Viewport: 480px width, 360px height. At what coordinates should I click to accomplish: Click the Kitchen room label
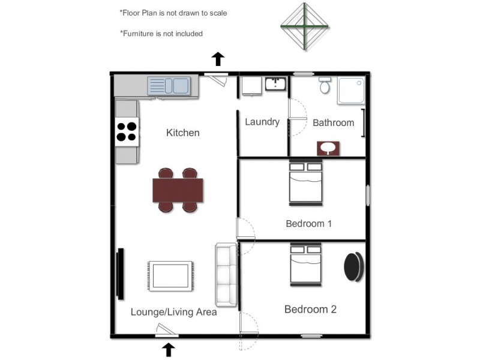coord(182,133)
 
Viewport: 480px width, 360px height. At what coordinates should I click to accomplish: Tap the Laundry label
coord(262,122)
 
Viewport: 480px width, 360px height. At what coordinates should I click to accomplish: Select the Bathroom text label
coord(333,122)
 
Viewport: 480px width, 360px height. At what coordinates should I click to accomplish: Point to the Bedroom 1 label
coord(308,224)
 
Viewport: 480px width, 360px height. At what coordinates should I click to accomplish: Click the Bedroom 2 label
coord(310,310)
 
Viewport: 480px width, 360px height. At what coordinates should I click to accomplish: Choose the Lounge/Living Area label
coord(173,312)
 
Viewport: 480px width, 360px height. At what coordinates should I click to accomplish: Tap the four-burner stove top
coord(127,131)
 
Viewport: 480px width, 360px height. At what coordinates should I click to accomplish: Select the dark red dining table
coord(178,190)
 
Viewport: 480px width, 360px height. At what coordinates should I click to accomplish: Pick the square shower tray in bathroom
coord(350,91)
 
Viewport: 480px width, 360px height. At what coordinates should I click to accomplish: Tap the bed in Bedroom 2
coord(305,264)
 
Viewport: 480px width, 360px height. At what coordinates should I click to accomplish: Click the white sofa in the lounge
coord(227,274)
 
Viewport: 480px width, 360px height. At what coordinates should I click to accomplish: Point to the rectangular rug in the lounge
coord(171,276)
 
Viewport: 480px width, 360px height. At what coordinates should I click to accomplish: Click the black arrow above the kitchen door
coord(218,59)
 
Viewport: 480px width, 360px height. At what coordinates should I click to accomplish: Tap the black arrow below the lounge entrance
coord(169,349)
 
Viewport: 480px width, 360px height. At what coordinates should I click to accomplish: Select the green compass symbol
coord(304,26)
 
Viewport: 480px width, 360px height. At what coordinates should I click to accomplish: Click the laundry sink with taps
coord(275,83)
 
